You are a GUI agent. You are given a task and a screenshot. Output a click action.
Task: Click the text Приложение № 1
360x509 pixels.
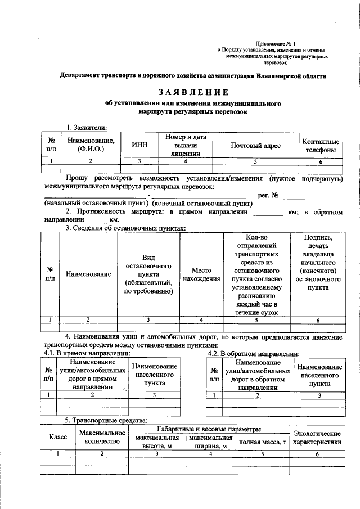pos(275,43)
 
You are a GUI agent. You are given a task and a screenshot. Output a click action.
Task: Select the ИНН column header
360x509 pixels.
pos(139,145)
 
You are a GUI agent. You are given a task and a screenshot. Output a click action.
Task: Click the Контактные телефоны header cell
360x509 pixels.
pos(321,145)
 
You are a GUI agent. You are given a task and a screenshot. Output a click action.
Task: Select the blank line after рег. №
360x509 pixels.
pos(292,195)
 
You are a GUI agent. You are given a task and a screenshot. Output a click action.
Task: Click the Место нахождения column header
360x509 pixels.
pos(201,274)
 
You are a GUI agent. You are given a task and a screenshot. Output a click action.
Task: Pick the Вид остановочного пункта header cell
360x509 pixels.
pos(148,274)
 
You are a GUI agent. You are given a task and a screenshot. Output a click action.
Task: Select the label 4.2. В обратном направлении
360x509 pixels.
pos(253,353)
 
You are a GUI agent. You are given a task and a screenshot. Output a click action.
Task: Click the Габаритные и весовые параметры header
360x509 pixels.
pos(209,429)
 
